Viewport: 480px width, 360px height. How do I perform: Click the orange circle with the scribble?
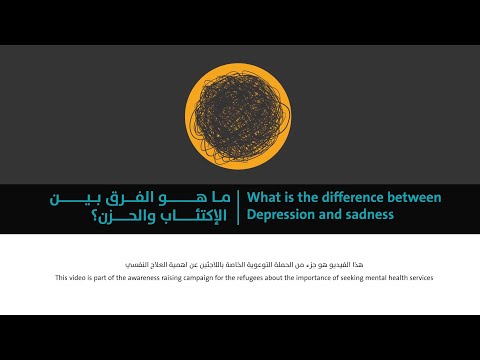(x=240, y=113)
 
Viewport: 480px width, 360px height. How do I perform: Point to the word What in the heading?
(x=264, y=197)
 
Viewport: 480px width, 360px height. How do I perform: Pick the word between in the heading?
(x=413, y=197)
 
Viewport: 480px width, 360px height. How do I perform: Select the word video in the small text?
(x=79, y=277)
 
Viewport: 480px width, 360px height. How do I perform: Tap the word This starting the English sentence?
(x=62, y=277)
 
